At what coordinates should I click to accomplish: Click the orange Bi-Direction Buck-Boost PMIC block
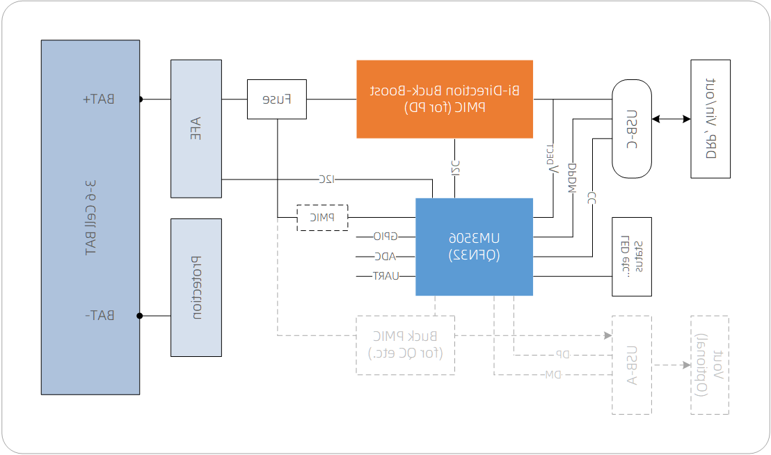(445, 99)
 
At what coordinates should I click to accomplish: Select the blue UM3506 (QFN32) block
(474, 247)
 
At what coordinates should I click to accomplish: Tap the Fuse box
(276, 99)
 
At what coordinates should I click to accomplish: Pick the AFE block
(196, 128)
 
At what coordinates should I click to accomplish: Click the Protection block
(196, 287)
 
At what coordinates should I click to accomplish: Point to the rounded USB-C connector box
(631, 129)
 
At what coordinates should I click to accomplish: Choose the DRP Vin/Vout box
(710, 118)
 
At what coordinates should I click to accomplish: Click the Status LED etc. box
(631, 257)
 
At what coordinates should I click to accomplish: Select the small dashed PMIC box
(322, 217)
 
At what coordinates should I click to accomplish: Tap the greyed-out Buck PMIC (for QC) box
(405, 345)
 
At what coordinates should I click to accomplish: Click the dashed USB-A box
(631, 365)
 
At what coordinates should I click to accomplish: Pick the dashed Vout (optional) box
(709, 365)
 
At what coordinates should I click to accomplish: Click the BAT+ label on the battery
(102, 99)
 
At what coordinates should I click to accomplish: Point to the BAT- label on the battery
(102, 316)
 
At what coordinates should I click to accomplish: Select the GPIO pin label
(385, 237)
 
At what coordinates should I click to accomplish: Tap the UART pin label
(385, 276)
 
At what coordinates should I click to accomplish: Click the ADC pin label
(385, 256)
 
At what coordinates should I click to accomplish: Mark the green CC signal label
(591, 197)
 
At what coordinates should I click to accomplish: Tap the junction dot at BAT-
(140, 316)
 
